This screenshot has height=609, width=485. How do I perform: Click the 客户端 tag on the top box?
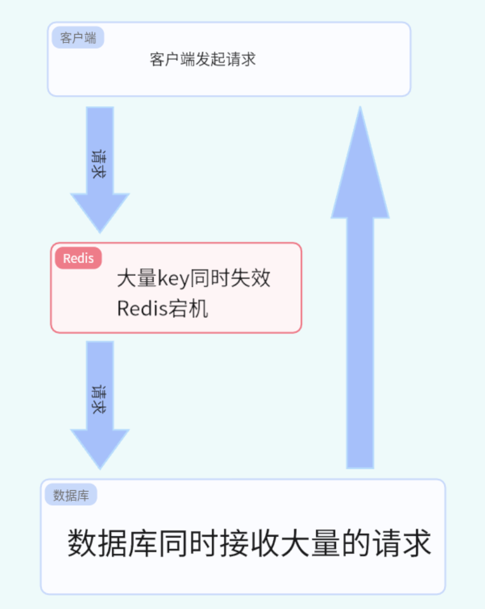click(x=78, y=38)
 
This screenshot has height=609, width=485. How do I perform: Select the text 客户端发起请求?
click(x=202, y=59)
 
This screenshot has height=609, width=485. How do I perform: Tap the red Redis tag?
click(x=78, y=258)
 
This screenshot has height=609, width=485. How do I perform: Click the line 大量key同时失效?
click(x=194, y=279)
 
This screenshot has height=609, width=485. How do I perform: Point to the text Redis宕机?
click(x=163, y=309)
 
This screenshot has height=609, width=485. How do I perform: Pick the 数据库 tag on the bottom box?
click(x=70, y=495)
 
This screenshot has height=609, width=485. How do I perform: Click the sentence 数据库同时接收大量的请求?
click(x=249, y=544)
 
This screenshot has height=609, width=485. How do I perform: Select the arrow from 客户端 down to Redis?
click(x=100, y=165)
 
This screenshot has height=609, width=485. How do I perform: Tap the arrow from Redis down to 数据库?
click(x=100, y=401)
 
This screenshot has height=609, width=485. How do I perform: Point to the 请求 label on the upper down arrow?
click(x=99, y=163)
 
